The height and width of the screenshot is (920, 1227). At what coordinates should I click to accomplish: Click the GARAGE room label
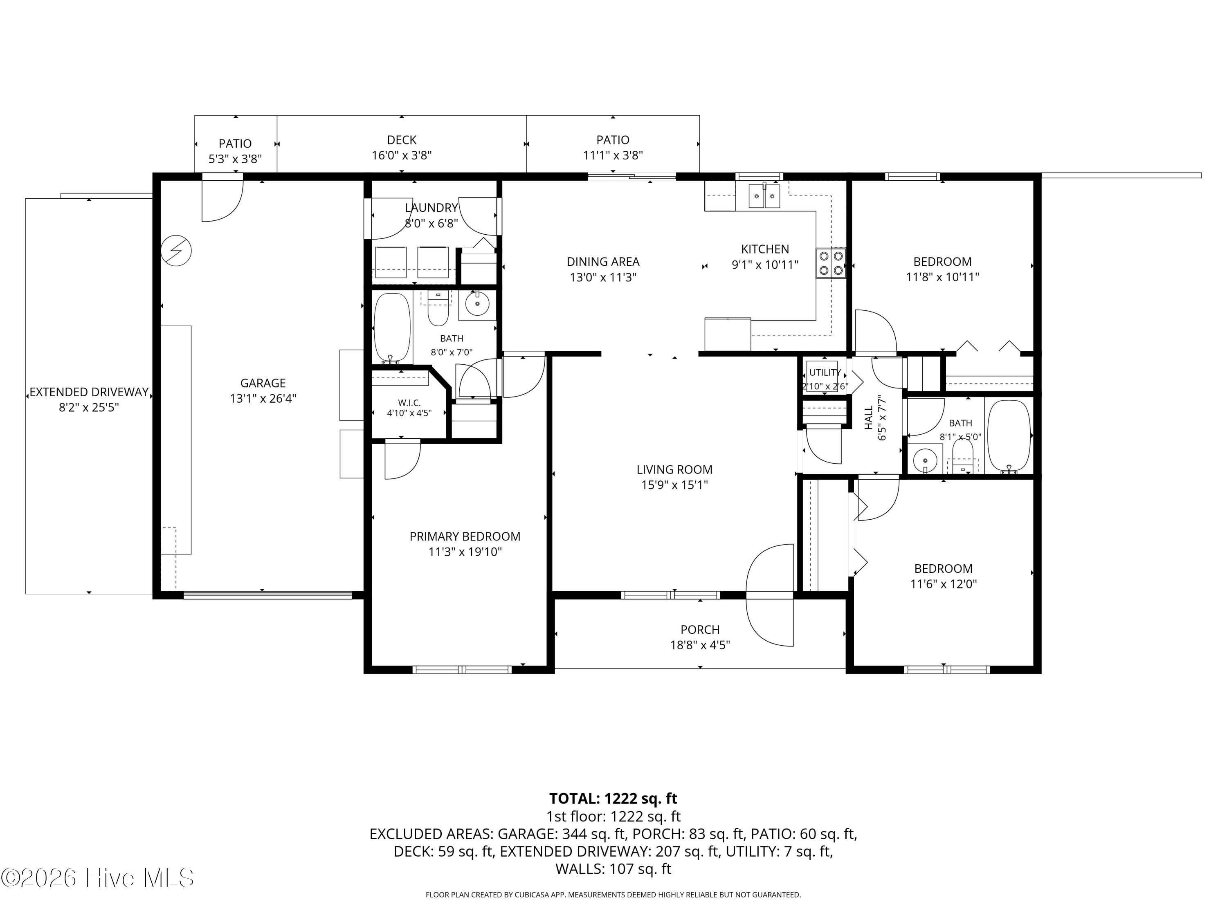tap(263, 383)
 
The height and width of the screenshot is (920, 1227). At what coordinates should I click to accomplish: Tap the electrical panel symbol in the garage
tap(176, 251)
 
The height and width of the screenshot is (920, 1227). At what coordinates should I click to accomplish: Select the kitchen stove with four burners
tap(831, 263)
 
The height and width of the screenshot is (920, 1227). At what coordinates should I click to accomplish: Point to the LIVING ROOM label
tap(674, 470)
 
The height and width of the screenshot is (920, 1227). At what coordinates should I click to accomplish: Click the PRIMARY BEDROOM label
tap(465, 536)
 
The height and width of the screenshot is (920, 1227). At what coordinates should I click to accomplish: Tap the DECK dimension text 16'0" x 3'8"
tap(402, 155)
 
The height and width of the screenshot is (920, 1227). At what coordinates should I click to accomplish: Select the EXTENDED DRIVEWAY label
tap(89, 392)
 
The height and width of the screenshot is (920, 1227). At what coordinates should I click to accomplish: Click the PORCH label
tap(700, 629)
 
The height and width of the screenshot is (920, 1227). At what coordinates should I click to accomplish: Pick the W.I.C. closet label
tap(409, 403)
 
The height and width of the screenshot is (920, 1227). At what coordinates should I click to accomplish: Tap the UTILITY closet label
tap(825, 372)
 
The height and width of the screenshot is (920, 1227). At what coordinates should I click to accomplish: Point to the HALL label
tap(869, 417)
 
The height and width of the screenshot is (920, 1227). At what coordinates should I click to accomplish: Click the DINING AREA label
tap(603, 262)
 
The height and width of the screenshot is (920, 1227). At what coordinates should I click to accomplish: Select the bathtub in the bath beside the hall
tap(1009, 437)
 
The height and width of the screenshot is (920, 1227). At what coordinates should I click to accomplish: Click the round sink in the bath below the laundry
tap(477, 304)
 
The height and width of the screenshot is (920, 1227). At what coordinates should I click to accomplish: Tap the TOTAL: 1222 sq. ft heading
tap(613, 799)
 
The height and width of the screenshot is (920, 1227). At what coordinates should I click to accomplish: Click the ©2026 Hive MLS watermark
tap(98, 877)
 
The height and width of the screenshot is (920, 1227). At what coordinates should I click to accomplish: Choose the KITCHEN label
tap(765, 249)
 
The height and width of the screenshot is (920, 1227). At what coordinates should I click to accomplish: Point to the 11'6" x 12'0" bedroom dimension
tap(943, 583)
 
